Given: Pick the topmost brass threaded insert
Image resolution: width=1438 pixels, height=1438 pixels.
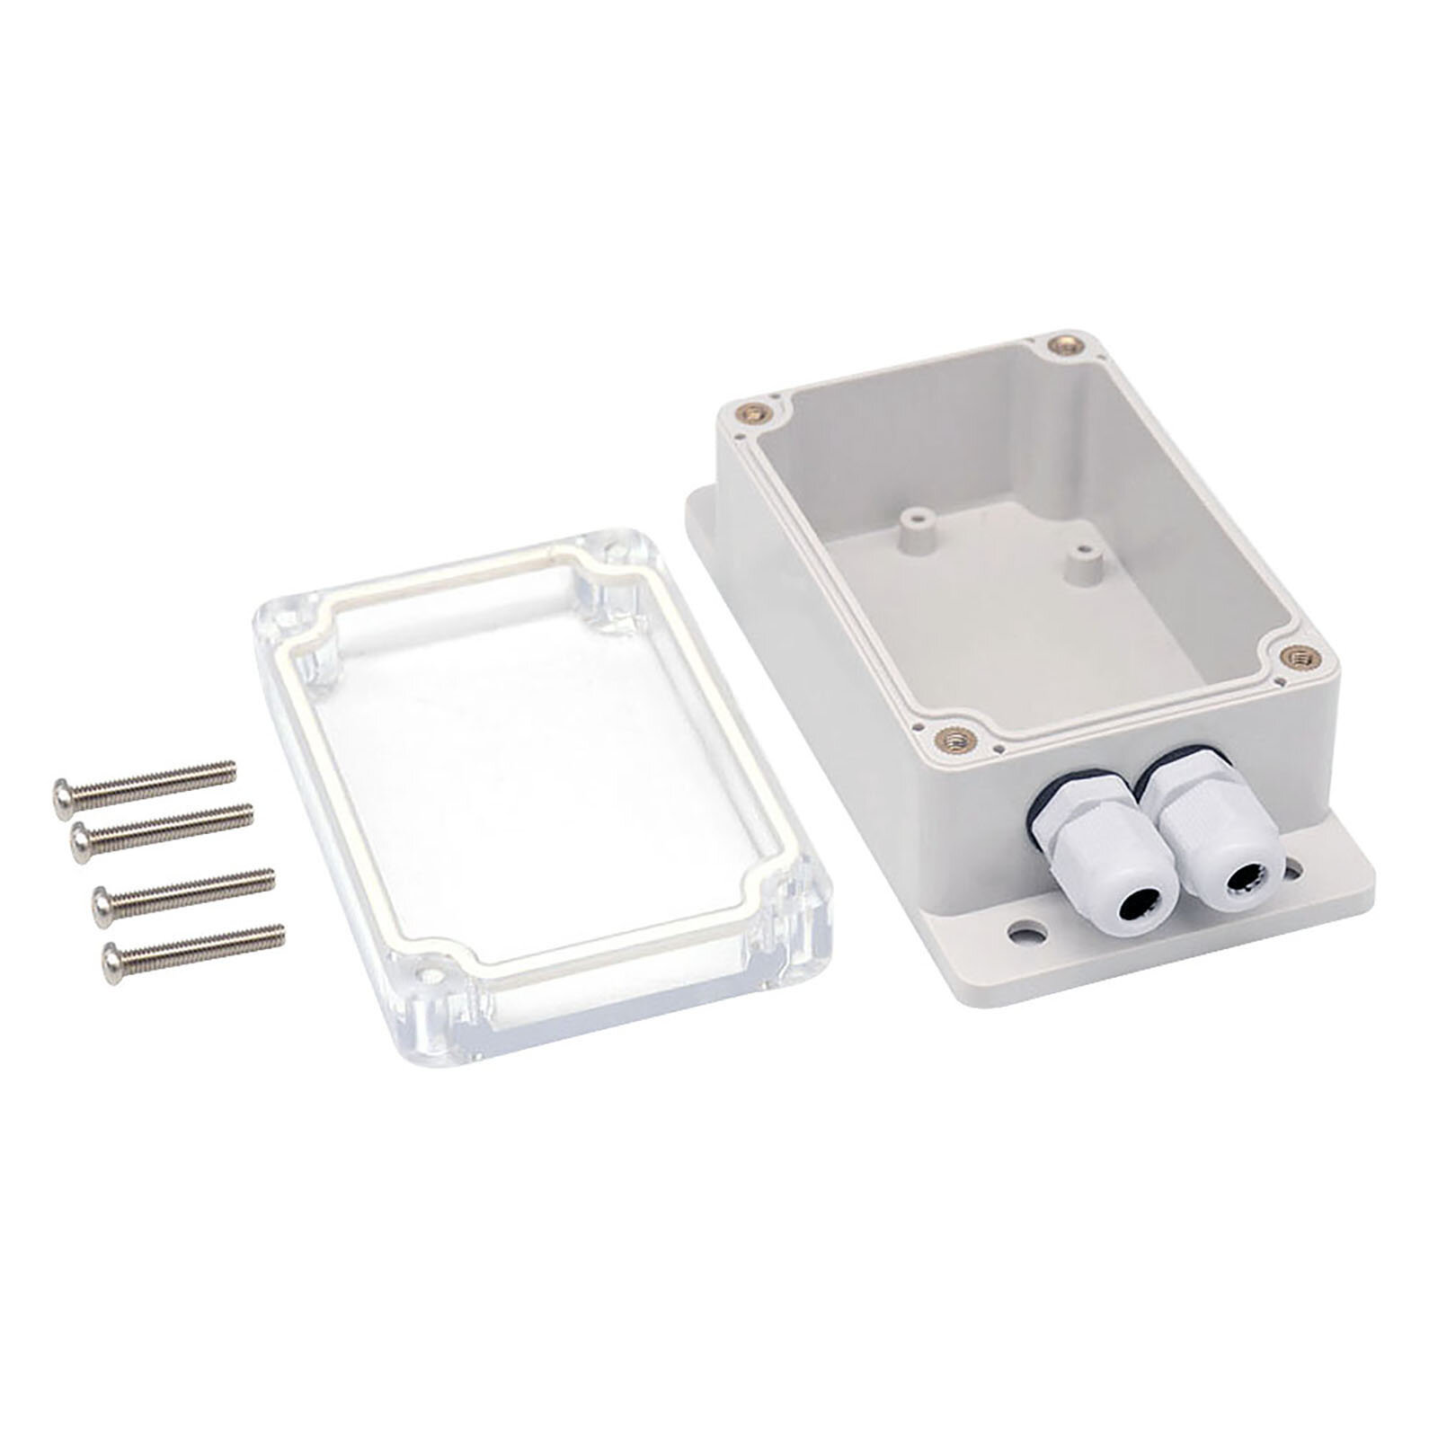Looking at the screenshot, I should pyautogui.click(x=1067, y=343).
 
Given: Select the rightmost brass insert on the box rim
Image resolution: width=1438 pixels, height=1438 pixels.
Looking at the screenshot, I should pyautogui.click(x=1295, y=658).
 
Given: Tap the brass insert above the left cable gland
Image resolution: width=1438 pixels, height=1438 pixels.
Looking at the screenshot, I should pyautogui.click(x=949, y=739).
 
